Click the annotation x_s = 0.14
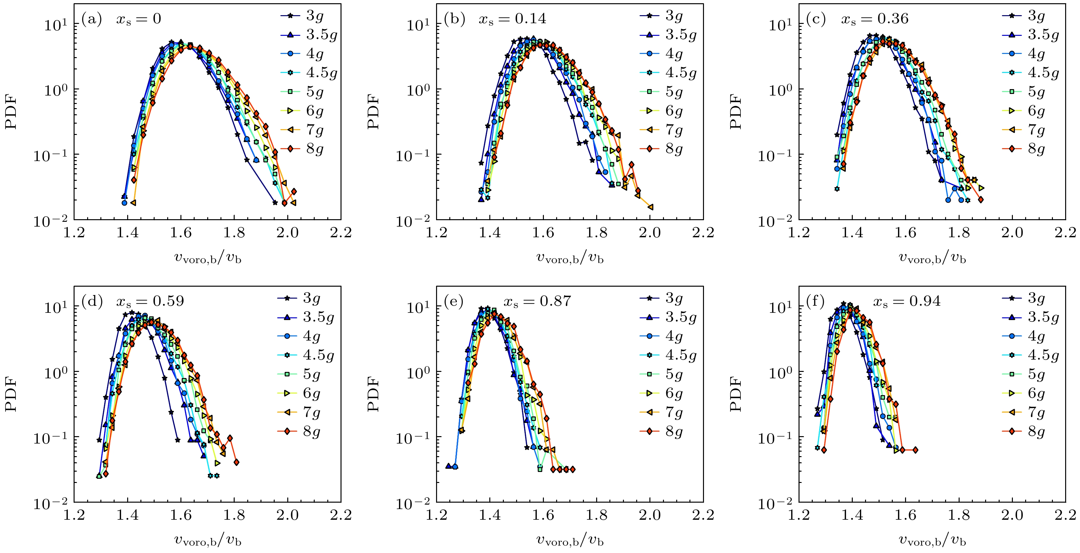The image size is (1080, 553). [512, 19]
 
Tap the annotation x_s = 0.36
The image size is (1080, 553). [875, 19]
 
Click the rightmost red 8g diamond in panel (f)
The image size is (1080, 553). [915, 450]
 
